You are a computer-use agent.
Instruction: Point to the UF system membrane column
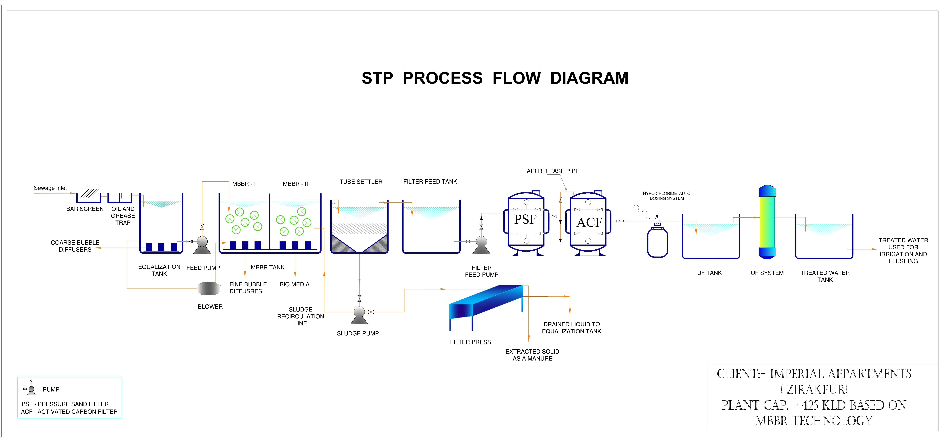click(x=767, y=222)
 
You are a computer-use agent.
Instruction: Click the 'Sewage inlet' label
click(x=50, y=188)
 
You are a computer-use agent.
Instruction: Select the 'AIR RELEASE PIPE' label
click(x=553, y=171)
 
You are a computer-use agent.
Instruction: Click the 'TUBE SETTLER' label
click(x=361, y=182)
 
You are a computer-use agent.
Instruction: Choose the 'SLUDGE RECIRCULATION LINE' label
click(x=300, y=316)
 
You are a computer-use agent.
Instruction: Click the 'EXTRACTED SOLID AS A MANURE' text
click(x=532, y=355)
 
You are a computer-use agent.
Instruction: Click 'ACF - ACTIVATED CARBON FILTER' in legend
click(x=69, y=412)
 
